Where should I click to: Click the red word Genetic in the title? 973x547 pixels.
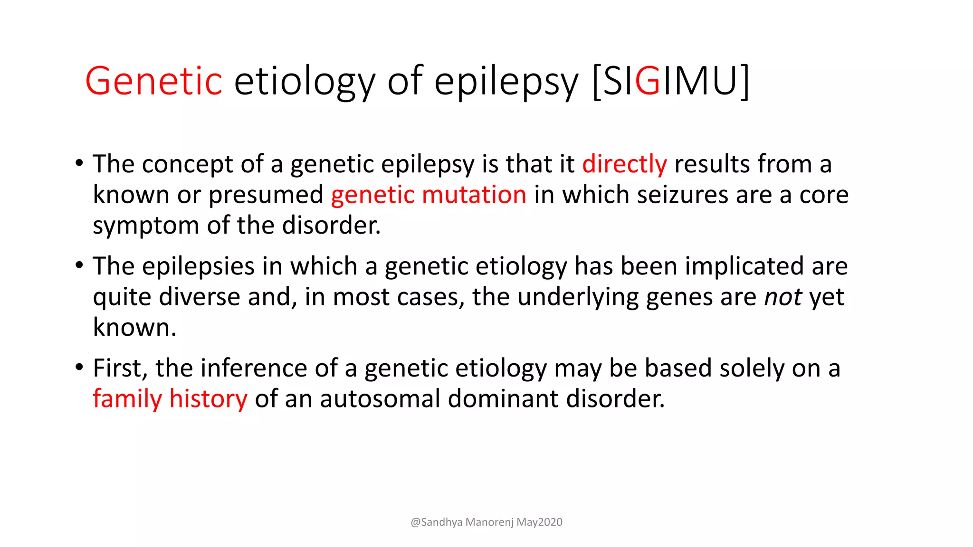click(x=153, y=81)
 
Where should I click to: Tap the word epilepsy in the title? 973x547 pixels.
click(x=506, y=81)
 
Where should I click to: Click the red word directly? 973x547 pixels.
click(x=624, y=164)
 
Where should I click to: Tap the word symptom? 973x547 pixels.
click(x=145, y=226)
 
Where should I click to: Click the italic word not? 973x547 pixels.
click(x=783, y=297)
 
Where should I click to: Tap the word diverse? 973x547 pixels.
click(x=199, y=297)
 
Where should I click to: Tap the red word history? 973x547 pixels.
click(x=208, y=399)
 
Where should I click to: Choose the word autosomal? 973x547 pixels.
click(x=380, y=398)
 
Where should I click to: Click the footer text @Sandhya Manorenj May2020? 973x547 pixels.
click(x=486, y=522)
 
